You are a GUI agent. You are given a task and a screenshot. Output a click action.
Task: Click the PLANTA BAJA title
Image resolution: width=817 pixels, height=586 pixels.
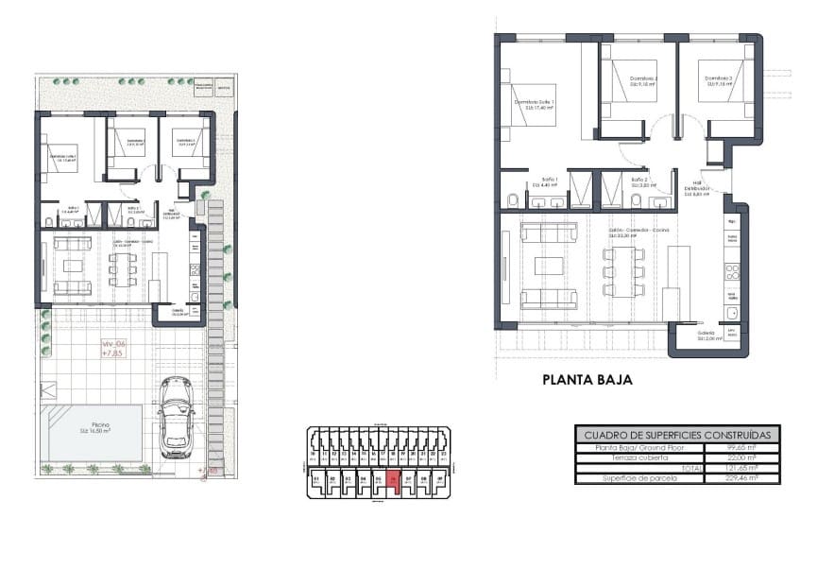pyautogui.click(x=586, y=381)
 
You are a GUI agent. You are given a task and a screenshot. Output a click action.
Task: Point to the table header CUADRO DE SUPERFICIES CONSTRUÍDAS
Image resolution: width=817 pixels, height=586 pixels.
pyautogui.click(x=677, y=434)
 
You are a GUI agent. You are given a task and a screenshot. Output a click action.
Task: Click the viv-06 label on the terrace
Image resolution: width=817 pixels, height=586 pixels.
pyautogui.click(x=114, y=348)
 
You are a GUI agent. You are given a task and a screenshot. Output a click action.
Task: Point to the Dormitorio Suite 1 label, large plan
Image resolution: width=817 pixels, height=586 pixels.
pyautogui.click(x=534, y=104)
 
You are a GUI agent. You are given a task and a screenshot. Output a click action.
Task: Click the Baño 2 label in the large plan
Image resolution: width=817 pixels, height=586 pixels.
pyautogui.click(x=639, y=181)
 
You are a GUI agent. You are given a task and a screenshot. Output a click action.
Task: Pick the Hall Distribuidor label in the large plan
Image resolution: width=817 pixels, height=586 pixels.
pyautogui.click(x=698, y=188)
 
